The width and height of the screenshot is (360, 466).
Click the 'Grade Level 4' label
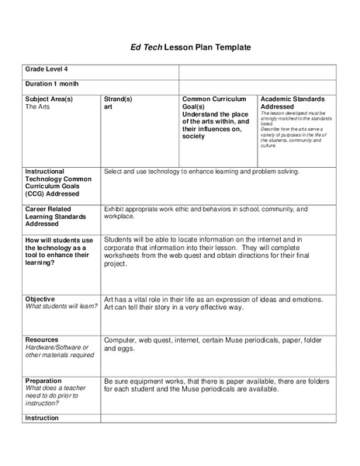49,71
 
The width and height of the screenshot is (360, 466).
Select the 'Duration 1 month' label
52,84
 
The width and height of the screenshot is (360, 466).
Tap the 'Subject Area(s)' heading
50,99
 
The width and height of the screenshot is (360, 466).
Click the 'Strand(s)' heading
119,99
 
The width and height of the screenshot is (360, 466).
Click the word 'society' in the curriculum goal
194,137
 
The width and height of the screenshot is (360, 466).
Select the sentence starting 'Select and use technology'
201,171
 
